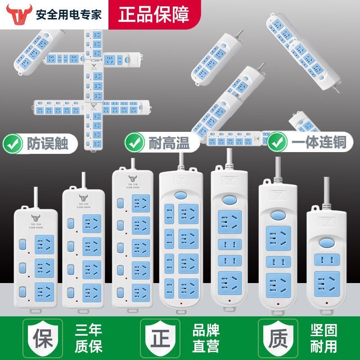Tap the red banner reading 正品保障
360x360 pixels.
[x=153, y=13]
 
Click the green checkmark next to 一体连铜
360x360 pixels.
[x=277, y=144]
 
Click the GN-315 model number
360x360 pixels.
[x=82, y=204]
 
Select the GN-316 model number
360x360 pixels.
[x=132, y=184]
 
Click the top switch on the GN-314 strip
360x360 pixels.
[x=22, y=245]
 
